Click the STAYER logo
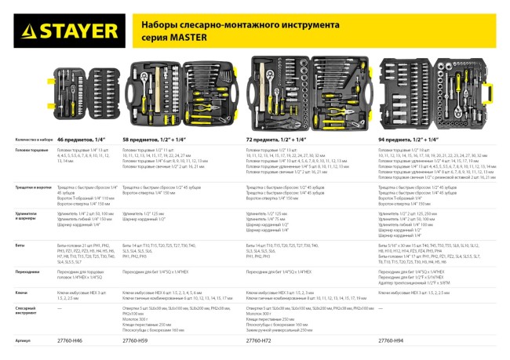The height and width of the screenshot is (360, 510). pos(58,32)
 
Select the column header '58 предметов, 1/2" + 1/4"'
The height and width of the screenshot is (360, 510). pos(158,139)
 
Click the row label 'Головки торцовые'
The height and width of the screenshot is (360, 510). pos(26,149)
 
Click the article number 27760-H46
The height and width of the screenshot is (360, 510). pos(70,341)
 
